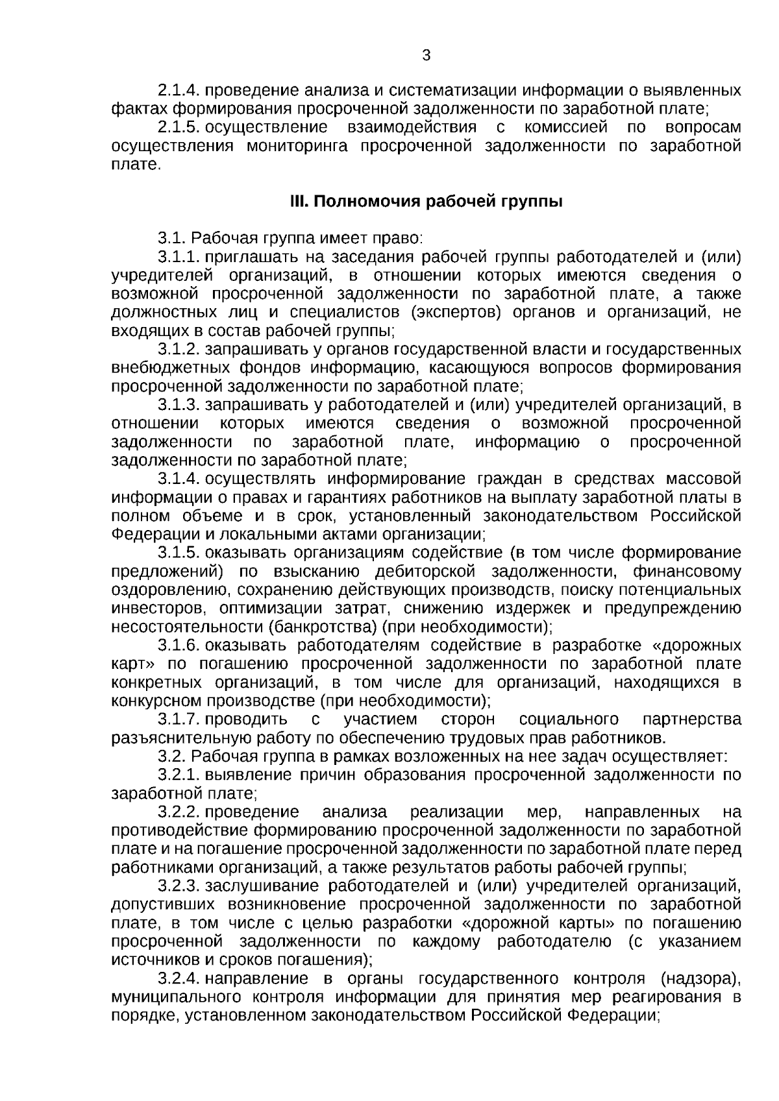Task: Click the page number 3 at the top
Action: [426, 56]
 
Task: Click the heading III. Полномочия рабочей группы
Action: [425, 202]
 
